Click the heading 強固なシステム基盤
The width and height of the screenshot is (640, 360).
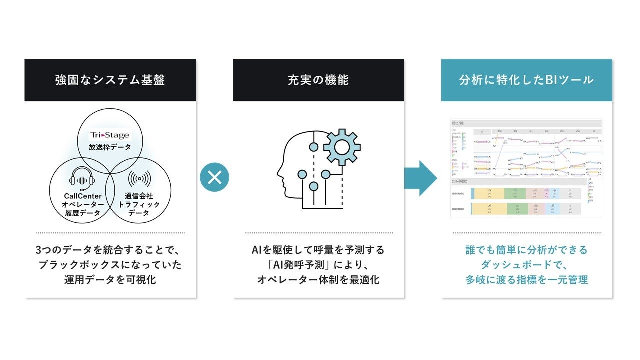[x=110, y=80]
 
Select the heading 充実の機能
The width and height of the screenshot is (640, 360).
[x=318, y=80]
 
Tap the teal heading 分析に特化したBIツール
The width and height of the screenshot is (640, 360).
[x=526, y=80]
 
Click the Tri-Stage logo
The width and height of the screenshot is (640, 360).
[x=109, y=135]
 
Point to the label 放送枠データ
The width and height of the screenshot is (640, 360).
[x=109, y=147]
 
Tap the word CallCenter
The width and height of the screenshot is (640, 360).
[x=83, y=196]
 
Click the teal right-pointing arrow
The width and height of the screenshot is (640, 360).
[x=420, y=178]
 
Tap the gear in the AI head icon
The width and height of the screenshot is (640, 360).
[x=342, y=147]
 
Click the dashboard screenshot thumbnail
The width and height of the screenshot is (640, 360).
[x=527, y=167]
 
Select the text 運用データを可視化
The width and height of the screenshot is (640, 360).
[x=110, y=280]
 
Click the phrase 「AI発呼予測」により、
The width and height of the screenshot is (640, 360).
[x=318, y=265]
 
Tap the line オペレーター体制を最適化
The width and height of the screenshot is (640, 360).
[x=318, y=280]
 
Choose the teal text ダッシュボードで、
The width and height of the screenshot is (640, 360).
[x=527, y=265]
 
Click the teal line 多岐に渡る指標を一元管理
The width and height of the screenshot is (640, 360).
[x=527, y=280]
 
